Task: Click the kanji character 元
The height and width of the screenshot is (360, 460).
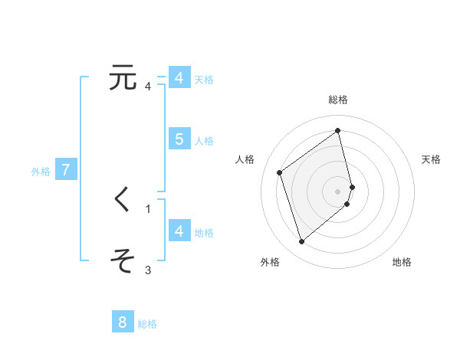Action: click(x=123, y=78)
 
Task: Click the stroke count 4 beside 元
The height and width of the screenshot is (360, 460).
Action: click(x=148, y=86)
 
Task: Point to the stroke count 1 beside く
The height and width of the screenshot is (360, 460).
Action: click(x=148, y=208)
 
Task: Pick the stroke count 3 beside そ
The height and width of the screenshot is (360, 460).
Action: click(x=148, y=270)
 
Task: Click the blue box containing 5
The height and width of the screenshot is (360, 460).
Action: click(x=179, y=139)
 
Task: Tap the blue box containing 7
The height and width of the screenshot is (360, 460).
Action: click(x=66, y=170)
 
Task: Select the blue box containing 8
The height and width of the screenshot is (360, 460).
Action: click(x=123, y=322)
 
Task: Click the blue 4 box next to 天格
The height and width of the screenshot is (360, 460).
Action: click(x=179, y=78)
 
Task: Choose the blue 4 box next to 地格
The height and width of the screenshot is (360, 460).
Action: click(x=179, y=231)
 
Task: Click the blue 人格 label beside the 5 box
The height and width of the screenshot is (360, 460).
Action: click(x=205, y=141)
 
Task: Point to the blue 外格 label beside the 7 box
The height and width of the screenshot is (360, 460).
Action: click(x=41, y=172)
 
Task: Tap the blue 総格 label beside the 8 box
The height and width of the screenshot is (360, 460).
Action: click(x=147, y=324)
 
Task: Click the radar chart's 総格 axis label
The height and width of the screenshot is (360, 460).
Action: click(x=338, y=100)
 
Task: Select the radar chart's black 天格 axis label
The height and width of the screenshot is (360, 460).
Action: click(x=431, y=159)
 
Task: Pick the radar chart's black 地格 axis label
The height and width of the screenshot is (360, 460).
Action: click(x=402, y=262)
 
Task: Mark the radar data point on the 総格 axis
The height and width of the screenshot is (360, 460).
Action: click(x=338, y=131)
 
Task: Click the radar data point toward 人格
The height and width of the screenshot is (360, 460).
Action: click(x=280, y=172)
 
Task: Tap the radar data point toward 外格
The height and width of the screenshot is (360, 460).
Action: click(x=301, y=242)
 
